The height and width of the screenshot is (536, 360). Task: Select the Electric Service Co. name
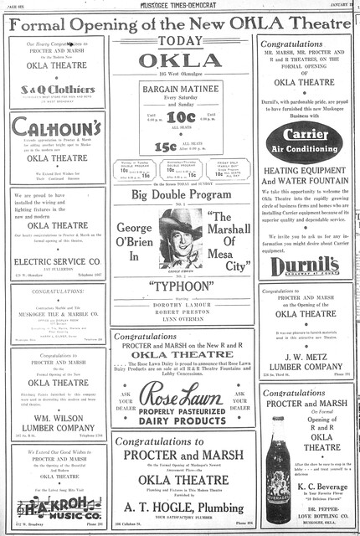[57, 261]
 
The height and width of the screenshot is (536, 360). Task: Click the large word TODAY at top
[181, 41]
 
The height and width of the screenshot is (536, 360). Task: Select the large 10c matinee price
[181, 117]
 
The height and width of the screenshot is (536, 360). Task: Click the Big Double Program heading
[181, 195]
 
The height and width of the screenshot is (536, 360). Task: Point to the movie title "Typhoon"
[181, 284]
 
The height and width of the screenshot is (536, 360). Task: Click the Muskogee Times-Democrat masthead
[181, 5]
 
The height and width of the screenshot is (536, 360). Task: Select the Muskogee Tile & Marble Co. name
[57, 317]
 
